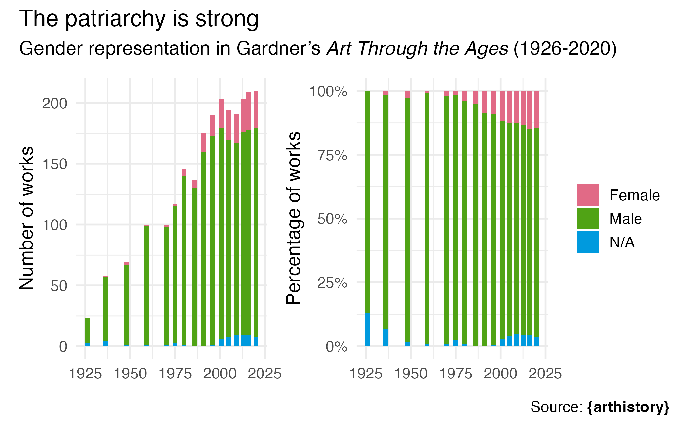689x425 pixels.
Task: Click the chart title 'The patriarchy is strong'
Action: pos(139,19)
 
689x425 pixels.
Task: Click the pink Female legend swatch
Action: pos(588,195)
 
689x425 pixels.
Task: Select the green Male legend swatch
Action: pos(588,219)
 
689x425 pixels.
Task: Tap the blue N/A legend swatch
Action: pos(588,242)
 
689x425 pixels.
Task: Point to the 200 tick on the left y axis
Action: pos(54,104)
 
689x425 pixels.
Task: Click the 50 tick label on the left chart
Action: pos(59,286)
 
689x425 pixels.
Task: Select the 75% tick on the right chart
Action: pos(332,155)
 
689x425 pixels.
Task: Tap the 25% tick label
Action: pos(332,283)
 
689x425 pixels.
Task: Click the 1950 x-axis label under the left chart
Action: pos(130,374)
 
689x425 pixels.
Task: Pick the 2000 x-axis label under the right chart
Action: pos(500,374)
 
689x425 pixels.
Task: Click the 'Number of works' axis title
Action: pos(26,218)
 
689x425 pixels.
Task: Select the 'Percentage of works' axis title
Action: pos(293,218)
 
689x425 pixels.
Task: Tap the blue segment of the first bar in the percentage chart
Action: pos(367,330)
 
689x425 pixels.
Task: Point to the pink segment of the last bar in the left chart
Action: pos(256,109)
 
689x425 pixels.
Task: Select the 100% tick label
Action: pos(328,91)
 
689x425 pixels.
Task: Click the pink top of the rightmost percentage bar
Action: pos(536,109)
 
